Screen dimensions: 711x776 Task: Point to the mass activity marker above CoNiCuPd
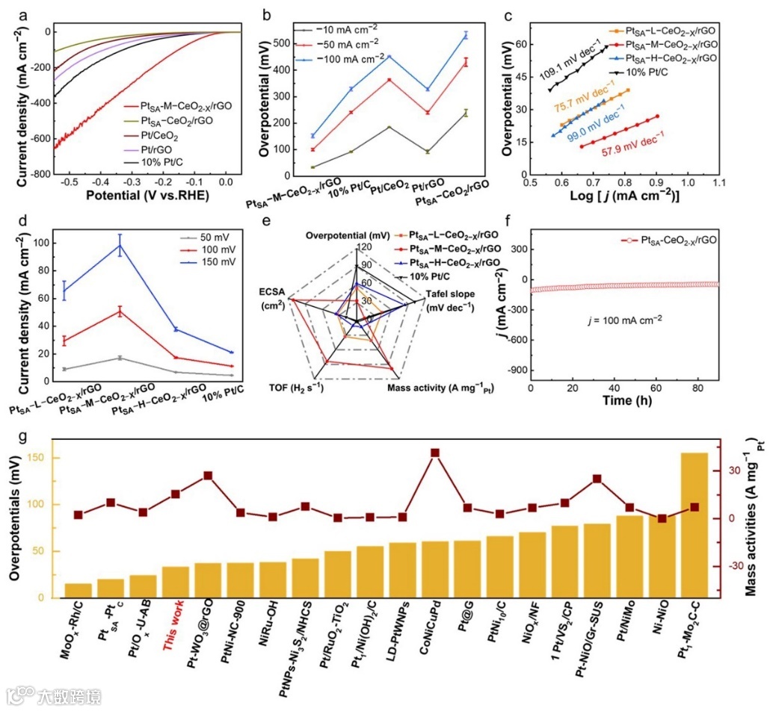(x=435, y=453)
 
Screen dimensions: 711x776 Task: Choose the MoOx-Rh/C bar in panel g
(x=78, y=591)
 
